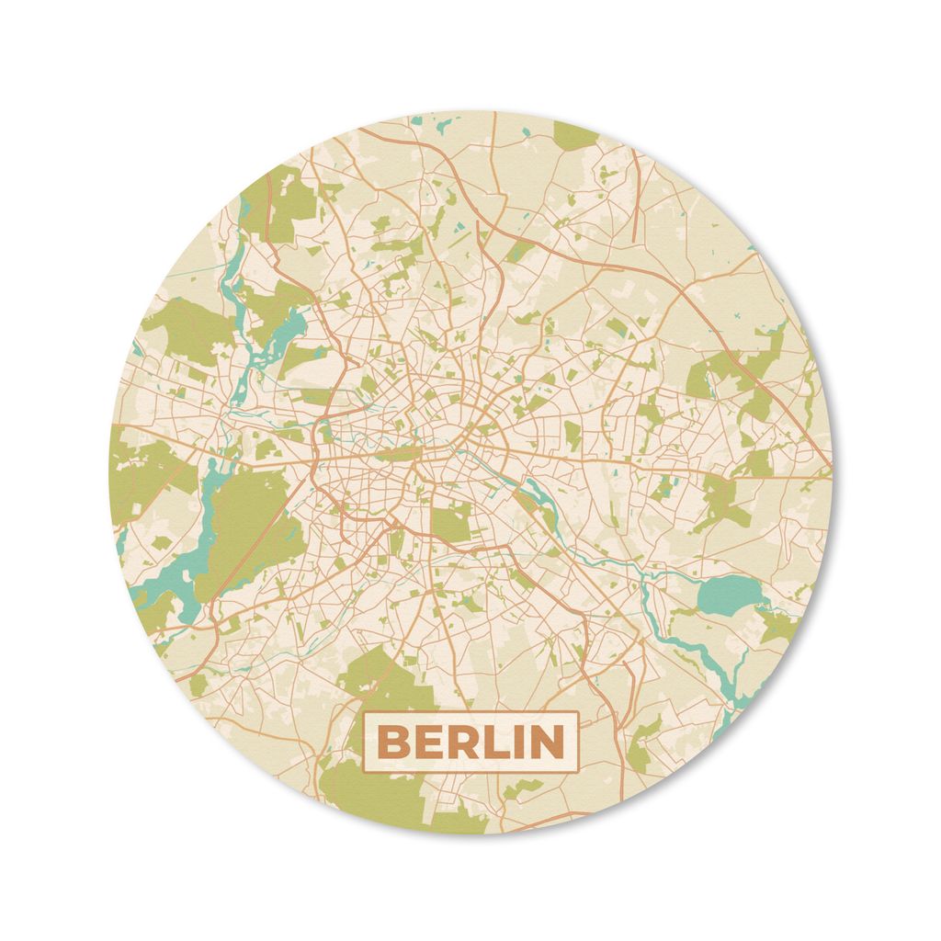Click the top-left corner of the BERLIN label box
(x=364, y=712)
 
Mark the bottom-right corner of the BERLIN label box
(x=578, y=772)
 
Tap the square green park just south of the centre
(x=451, y=523)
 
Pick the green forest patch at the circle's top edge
(x=576, y=135)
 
